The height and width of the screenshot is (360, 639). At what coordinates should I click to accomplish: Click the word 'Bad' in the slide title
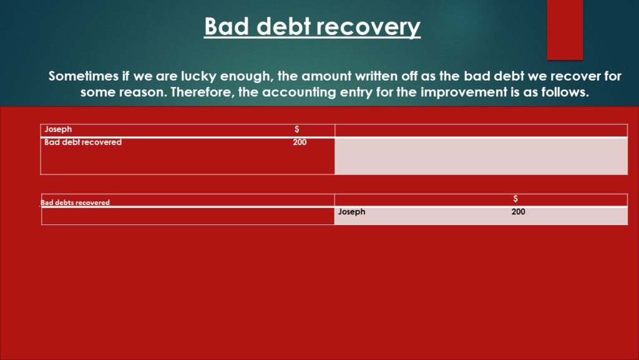click(227, 26)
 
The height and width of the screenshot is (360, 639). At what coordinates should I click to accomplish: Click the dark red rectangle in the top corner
click(565, 30)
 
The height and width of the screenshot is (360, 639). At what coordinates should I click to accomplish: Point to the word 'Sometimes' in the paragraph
click(83, 76)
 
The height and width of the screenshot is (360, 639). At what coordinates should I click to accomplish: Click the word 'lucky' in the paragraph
click(198, 76)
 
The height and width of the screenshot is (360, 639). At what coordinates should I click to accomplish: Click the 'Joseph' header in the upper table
click(58, 129)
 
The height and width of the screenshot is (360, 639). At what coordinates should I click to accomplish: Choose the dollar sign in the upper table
click(296, 129)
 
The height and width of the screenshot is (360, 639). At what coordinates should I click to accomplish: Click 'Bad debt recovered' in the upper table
click(83, 142)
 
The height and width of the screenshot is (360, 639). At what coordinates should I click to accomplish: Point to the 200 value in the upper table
click(300, 142)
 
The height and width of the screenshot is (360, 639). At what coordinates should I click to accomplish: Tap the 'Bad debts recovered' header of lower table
click(75, 202)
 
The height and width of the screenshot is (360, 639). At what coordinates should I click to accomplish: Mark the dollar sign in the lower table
click(515, 199)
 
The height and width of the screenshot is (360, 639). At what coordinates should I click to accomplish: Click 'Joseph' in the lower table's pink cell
click(351, 212)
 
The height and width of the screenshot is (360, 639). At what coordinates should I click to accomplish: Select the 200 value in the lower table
click(519, 211)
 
